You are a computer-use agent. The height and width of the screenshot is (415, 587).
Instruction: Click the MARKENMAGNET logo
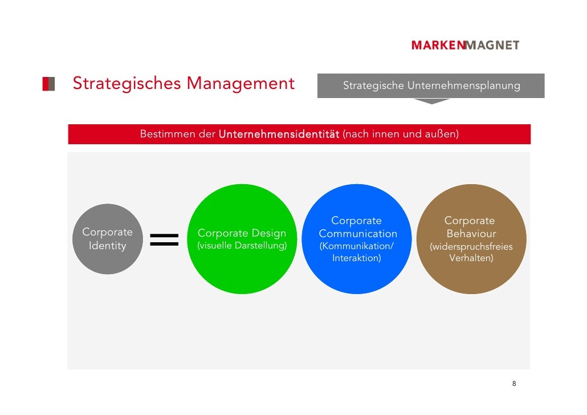point(465,45)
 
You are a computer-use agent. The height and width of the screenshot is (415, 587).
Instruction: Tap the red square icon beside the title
point(48,84)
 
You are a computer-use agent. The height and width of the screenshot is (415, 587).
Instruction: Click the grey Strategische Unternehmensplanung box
point(431,86)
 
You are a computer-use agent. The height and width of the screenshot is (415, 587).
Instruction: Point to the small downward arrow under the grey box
point(431,101)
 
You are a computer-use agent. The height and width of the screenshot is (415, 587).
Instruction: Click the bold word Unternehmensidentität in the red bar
point(279,135)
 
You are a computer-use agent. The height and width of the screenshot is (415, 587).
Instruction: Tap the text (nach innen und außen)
point(401,135)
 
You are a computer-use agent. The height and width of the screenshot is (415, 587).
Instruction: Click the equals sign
point(164,239)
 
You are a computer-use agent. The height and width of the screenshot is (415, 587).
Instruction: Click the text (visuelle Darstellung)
point(242,246)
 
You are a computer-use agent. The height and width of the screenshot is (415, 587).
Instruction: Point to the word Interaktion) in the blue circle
point(357,258)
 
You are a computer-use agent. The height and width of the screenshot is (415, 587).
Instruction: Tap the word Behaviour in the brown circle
point(471,234)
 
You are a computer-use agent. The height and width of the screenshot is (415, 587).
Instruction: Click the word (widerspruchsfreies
point(471,247)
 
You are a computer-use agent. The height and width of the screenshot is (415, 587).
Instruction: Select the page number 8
point(514,384)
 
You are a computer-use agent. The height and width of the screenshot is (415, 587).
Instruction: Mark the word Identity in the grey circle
point(107,246)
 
